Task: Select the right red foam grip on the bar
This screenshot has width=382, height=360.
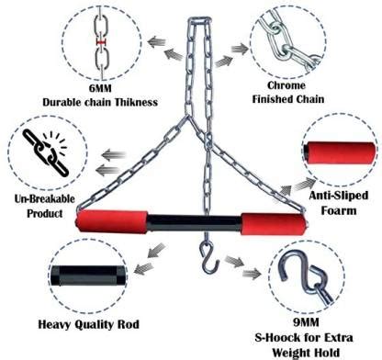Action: point(272,224)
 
